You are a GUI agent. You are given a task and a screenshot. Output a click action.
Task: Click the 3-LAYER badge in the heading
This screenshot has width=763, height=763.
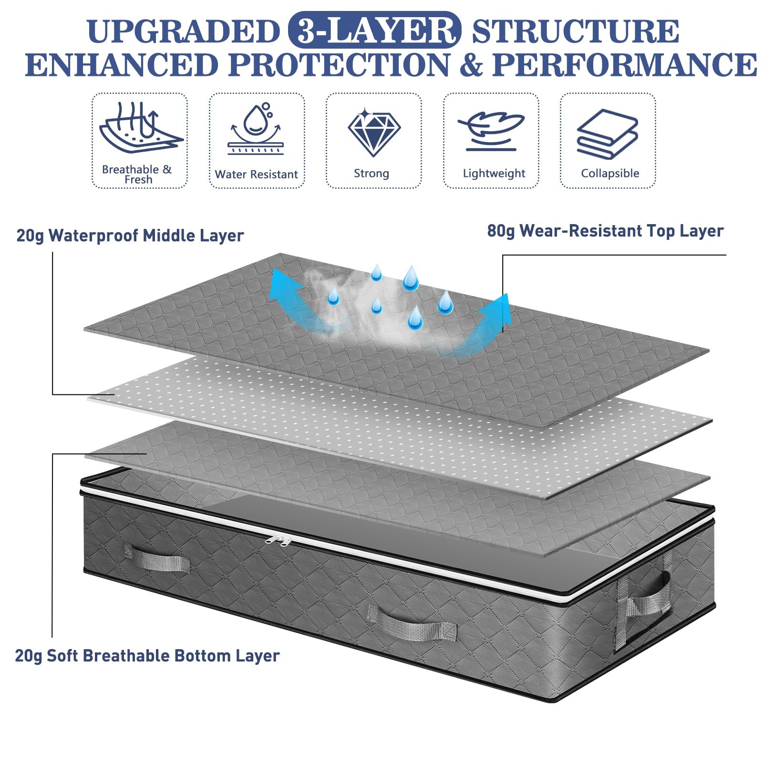375,30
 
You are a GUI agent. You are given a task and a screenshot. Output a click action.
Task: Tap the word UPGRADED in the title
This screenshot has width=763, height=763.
184,31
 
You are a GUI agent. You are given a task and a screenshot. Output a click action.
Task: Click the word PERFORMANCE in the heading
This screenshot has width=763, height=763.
625,65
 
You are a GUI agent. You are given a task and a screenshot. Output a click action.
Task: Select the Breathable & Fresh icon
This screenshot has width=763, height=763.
141,127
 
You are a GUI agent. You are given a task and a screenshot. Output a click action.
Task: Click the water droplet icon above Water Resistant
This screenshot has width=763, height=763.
256,128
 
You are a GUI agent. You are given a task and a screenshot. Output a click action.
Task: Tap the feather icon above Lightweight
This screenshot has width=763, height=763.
491,131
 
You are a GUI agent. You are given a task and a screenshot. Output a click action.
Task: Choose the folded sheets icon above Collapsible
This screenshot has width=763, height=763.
608,134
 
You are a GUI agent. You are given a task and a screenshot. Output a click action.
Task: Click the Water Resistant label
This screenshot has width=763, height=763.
257,175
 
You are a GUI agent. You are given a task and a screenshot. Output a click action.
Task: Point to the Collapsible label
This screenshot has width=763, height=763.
610,174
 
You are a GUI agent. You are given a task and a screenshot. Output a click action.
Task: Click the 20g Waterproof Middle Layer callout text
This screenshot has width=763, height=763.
130,236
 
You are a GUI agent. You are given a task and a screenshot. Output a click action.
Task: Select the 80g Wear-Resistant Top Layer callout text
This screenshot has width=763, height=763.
605,231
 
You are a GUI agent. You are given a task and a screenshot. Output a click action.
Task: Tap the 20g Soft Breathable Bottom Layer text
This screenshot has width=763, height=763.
147,656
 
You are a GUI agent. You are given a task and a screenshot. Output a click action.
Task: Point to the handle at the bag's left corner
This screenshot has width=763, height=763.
157,559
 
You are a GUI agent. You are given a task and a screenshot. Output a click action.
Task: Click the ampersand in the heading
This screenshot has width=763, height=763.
471,65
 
